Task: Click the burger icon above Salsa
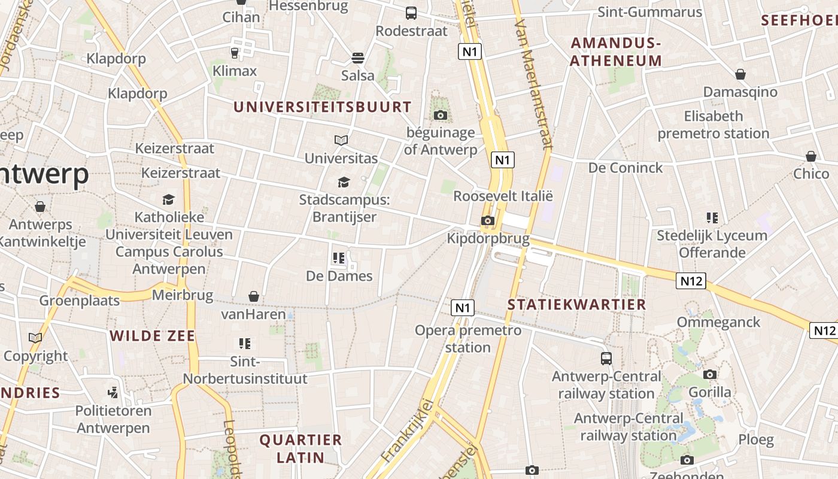358,58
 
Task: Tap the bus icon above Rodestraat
411,13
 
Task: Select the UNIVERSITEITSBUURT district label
323,107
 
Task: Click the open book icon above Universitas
341,140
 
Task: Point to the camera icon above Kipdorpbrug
488,221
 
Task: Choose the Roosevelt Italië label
503,196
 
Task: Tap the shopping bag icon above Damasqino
740,74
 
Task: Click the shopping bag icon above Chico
811,156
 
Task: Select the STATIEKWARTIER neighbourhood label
577,304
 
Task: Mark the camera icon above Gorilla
710,375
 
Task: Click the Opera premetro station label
468,338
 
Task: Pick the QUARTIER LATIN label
300,448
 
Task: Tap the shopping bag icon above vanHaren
254,296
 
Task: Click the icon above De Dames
339,258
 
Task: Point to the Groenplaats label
80,300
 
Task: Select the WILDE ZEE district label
153,336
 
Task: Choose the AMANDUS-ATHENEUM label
616,51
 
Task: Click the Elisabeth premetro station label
713,125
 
